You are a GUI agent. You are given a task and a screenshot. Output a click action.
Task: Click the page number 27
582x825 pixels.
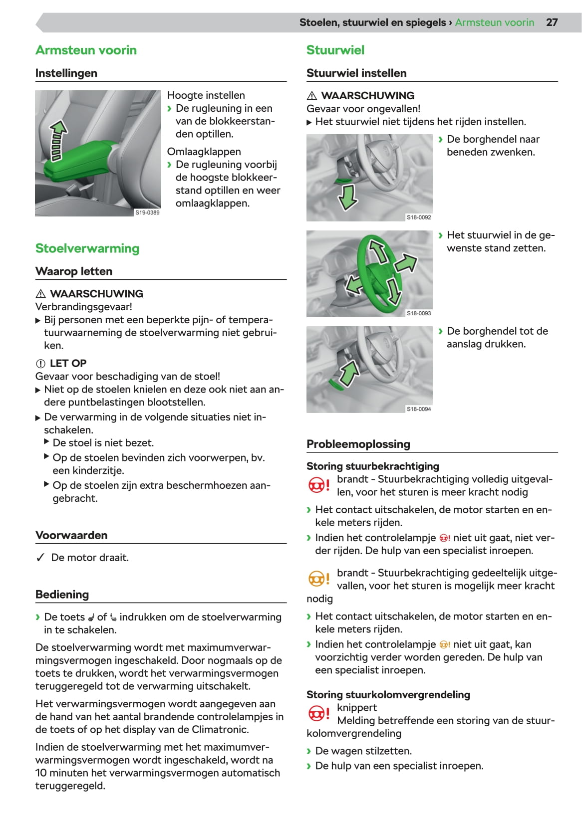coord(552,22)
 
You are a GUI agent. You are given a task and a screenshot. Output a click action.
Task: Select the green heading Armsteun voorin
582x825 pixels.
coord(86,50)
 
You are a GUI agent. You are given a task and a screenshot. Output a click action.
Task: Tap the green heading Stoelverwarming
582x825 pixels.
coord(87,248)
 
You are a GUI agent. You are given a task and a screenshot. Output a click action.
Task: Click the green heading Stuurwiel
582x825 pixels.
coord(335,50)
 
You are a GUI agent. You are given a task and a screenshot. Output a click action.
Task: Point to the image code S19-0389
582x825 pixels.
coord(147,212)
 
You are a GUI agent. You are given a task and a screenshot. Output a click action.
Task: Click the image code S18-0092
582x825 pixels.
coord(419,217)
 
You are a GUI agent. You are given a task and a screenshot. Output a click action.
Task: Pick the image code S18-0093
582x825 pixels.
coord(419,313)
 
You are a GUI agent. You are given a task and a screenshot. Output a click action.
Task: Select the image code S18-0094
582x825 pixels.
coord(419,409)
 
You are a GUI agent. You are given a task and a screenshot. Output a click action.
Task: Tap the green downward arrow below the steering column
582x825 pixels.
coord(347,197)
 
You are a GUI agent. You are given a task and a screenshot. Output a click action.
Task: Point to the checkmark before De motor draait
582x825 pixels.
coord(40,558)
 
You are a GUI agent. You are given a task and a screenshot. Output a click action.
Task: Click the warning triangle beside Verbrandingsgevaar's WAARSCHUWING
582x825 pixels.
coord(41,294)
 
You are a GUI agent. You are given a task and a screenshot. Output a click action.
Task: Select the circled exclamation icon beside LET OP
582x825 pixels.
coord(40,364)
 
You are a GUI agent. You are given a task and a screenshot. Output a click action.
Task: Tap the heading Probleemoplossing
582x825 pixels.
coord(358,444)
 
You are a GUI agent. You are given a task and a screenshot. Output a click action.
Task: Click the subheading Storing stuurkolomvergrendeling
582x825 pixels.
coord(388,694)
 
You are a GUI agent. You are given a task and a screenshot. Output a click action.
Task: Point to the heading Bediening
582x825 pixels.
coord(62,595)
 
